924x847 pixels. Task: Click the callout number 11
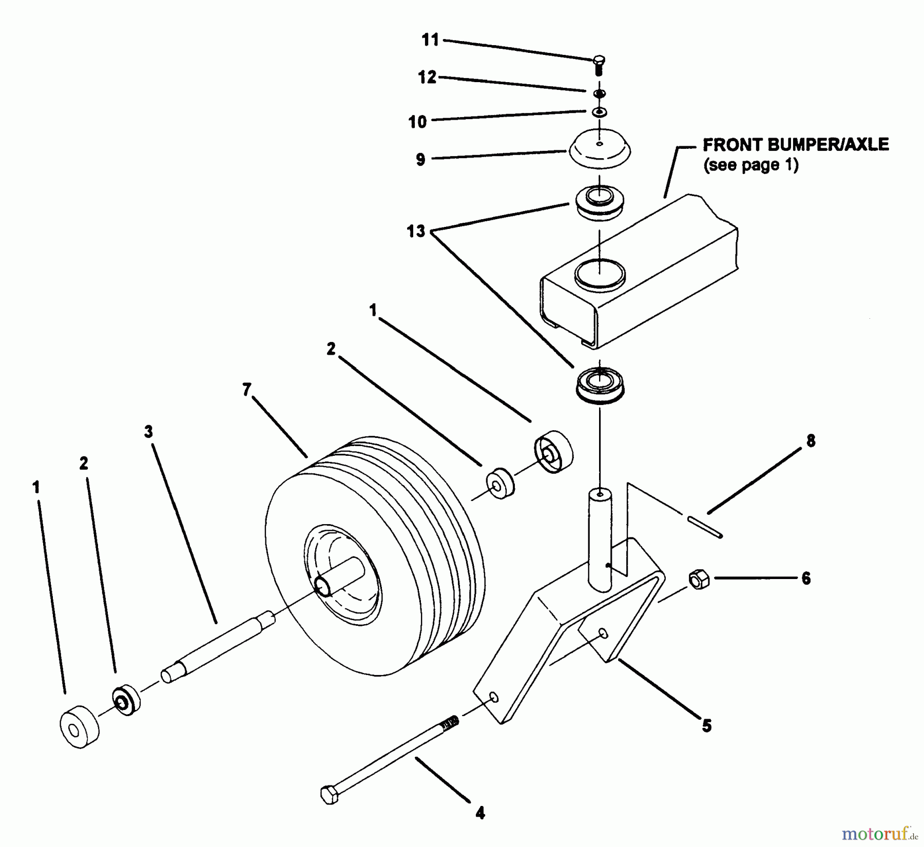[x=431, y=40]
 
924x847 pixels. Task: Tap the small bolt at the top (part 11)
[x=598, y=65]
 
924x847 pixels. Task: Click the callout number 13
[x=416, y=232]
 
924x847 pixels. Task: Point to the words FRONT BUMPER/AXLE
[x=795, y=145]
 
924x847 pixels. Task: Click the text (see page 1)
[x=750, y=165]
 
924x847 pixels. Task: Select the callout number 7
[x=247, y=391]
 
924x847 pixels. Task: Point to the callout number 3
[x=148, y=432]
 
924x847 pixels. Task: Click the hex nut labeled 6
[x=698, y=580]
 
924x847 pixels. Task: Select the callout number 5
[x=707, y=725]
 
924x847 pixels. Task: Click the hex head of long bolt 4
[x=329, y=794]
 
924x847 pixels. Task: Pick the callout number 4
[x=480, y=813]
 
